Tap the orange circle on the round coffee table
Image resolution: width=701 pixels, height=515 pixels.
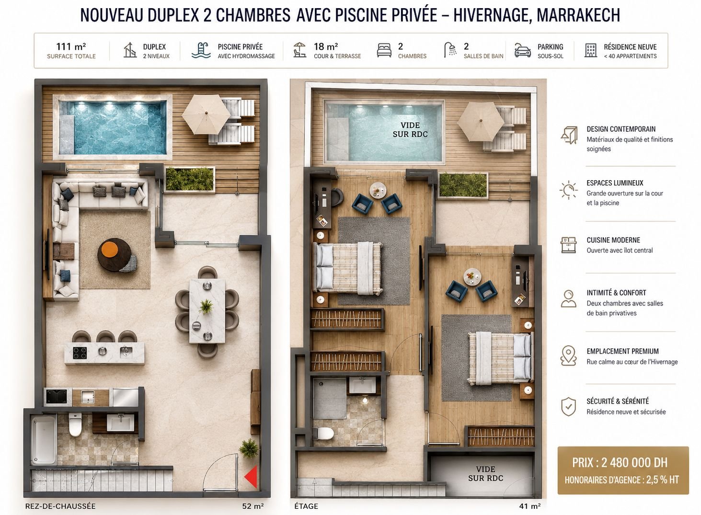pyautogui.click(x=110, y=249)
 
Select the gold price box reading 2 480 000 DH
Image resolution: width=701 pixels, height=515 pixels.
pyautogui.click(x=623, y=470)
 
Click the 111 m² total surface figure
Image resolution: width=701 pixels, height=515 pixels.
pyautogui.click(x=71, y=46)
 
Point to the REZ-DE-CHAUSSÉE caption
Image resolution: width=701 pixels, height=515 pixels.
pyautogui.click(x=60, y=506)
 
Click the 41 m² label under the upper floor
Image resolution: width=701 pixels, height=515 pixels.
pyautogui.click(x=530, y=506)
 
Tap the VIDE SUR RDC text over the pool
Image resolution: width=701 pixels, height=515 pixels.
pyautogui.click(x=410, y=129)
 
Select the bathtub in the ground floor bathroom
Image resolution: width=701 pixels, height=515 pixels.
pyautogui.click(x=44, y=439)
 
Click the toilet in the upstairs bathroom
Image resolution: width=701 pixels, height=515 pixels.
pyautogui.click(x=323, y=434)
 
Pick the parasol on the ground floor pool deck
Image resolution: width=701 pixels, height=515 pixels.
pyautogui.click(x=206, y=114)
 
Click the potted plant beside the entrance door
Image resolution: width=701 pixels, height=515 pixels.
pyautogui.click(x=249, y=448)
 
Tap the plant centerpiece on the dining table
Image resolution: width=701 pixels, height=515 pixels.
pyautogui.click(x=206, y=306)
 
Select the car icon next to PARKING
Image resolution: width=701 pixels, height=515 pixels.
pyautogui.click(x=523, y=50)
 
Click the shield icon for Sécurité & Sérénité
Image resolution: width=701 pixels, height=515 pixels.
pyautogui.click(x=569, y=406)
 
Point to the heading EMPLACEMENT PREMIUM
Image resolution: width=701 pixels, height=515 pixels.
pyautogui.click(x=622, y=351)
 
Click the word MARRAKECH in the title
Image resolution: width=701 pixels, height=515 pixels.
pyautogui.click(x=579, y=15)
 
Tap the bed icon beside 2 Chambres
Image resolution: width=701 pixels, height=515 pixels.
pyautogui.click(x=384, y=50)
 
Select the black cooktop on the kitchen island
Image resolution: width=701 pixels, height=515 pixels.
pyautogui.click(x=80, y=353)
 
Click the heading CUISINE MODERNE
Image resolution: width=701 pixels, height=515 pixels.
pyautogui.click(x=613, y=240)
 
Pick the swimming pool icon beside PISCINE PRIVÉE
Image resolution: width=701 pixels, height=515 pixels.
pyautogui.click(x=201, y=50)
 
